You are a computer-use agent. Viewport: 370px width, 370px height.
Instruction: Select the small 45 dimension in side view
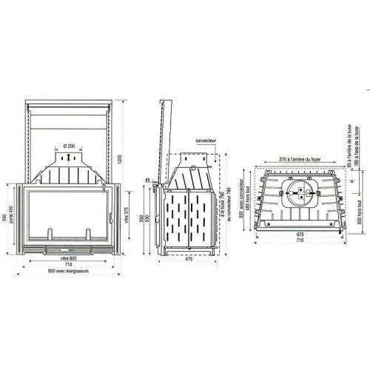tap(148, 180)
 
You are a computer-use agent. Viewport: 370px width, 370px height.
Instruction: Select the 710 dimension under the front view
tap(68, 264)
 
